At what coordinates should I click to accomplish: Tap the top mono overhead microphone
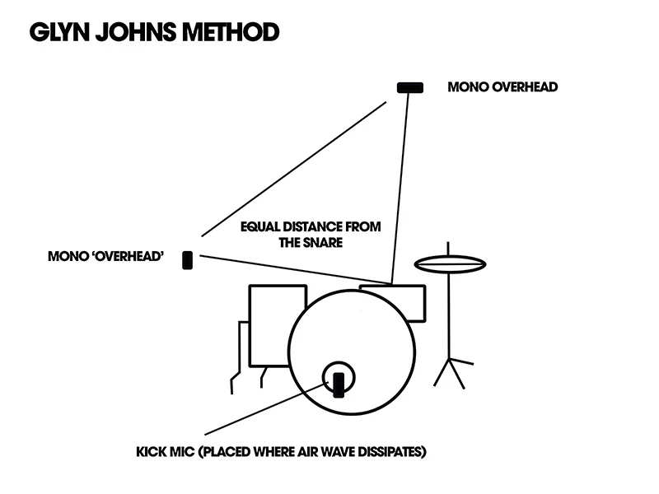[409, 87]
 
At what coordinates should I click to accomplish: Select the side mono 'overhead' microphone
[188, 261]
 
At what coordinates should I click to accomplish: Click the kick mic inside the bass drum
[338, 384]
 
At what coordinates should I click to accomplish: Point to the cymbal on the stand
[449, 264]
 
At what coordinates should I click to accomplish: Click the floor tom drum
[277, 325]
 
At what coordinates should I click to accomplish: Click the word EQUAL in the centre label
[259, 226]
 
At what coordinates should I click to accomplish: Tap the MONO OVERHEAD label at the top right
[502, 87]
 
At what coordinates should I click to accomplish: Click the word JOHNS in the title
[130, 32]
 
